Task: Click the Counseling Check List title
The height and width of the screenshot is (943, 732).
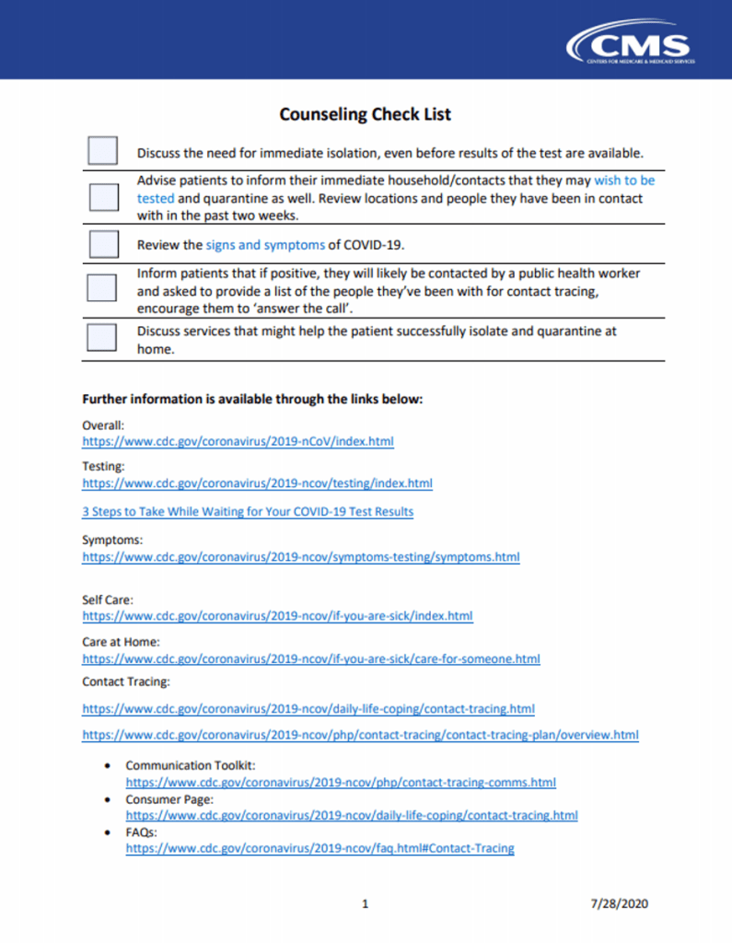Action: click(x=366, y=114)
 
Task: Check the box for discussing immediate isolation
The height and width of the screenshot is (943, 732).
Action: click(x=102, y=151)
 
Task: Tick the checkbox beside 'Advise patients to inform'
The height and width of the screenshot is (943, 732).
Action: click(x=102, y=197)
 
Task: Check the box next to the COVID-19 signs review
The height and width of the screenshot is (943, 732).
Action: click(x=102, y=244)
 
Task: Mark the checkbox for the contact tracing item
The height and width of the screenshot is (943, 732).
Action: click(x=102, y=288)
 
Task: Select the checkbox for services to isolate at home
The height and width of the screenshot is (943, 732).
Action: click(x=102, y=336)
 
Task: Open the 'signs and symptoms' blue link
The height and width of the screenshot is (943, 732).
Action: click(x=264, y=245)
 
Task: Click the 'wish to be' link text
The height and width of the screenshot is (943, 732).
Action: click(x=624, y=181)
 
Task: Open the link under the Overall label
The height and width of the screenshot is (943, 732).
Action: click(x=238, y=442)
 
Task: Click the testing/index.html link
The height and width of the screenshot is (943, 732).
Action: click(x=257, y=483)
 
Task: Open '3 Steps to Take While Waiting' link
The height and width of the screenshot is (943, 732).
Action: click(x=248, y=511)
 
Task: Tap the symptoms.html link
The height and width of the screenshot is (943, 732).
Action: click(x=301, y=557)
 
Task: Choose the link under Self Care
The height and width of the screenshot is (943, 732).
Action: click(x=277, y=615)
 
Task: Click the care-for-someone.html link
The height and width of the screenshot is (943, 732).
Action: click(x=311, y=659)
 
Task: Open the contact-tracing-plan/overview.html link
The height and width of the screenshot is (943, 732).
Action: click(x=360, y=735)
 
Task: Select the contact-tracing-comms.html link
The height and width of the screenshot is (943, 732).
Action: click(x=341, y=783)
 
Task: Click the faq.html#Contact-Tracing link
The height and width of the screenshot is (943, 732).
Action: click(x=320, y=848)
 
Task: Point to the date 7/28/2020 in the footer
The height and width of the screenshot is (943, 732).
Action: click(x=620, y=903)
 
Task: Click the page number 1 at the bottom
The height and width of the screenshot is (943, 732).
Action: click(x=366, y=903)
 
